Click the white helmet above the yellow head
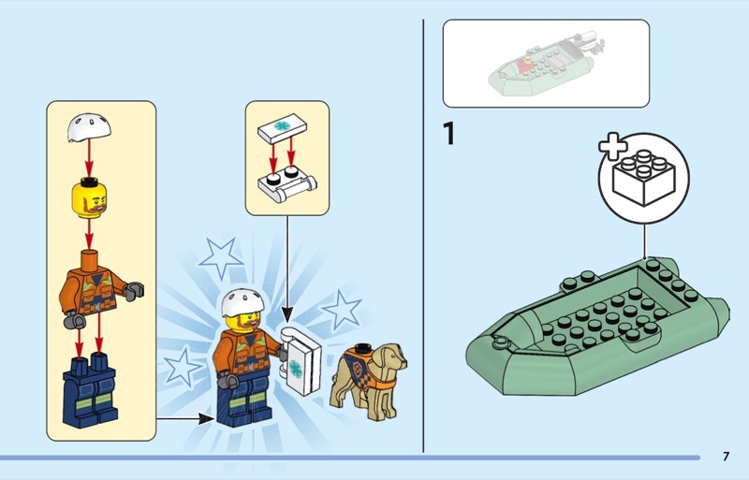tap(89, 127)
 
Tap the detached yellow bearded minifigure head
tap(89, 199)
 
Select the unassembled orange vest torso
tap(99, 287)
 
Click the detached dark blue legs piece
tap(90, 390)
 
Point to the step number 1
tap(448, 133)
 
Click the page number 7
tap(727, 457)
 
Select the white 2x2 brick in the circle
tap(644, 178)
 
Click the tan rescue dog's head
tap(389, 356)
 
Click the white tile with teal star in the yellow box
tap(283, 128)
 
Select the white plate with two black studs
tap(287, 184)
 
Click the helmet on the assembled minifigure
tap(242, 303)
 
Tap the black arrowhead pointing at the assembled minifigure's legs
tap(206, 419)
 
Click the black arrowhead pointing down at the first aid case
tap(287, 314)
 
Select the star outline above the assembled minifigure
tap(221, 258)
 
